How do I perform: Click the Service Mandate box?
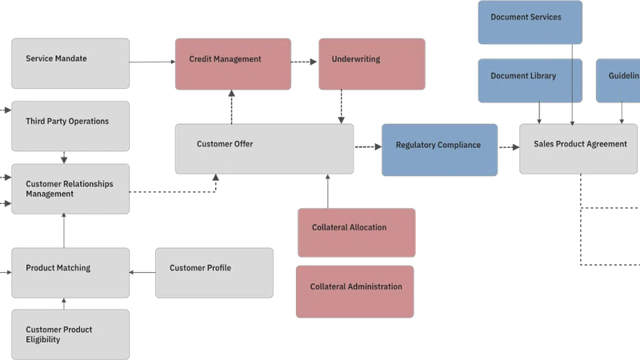(70, 63)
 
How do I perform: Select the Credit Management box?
(233, 64)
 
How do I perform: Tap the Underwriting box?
(372, 64)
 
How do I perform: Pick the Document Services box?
(530, 22)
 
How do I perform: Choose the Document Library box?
(530, 81)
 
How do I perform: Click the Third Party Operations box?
(70, 126)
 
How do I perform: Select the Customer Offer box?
(264, 149)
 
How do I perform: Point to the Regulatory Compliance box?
(439, 150)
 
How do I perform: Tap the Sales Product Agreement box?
(578, 149)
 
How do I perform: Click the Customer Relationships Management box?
(70, 189)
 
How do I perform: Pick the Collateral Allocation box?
(357, 233)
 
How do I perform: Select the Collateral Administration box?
(355, 291)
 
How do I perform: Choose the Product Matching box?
(70, 273)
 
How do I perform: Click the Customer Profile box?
(214, 273)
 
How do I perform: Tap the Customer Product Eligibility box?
(70, 334)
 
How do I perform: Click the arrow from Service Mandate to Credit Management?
(152, 62)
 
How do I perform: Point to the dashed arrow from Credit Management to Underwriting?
(304, 62)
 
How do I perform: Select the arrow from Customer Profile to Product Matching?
(142, 272)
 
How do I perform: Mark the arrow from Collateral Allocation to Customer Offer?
(328, 191)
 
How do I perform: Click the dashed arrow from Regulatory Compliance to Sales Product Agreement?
(509, 147)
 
